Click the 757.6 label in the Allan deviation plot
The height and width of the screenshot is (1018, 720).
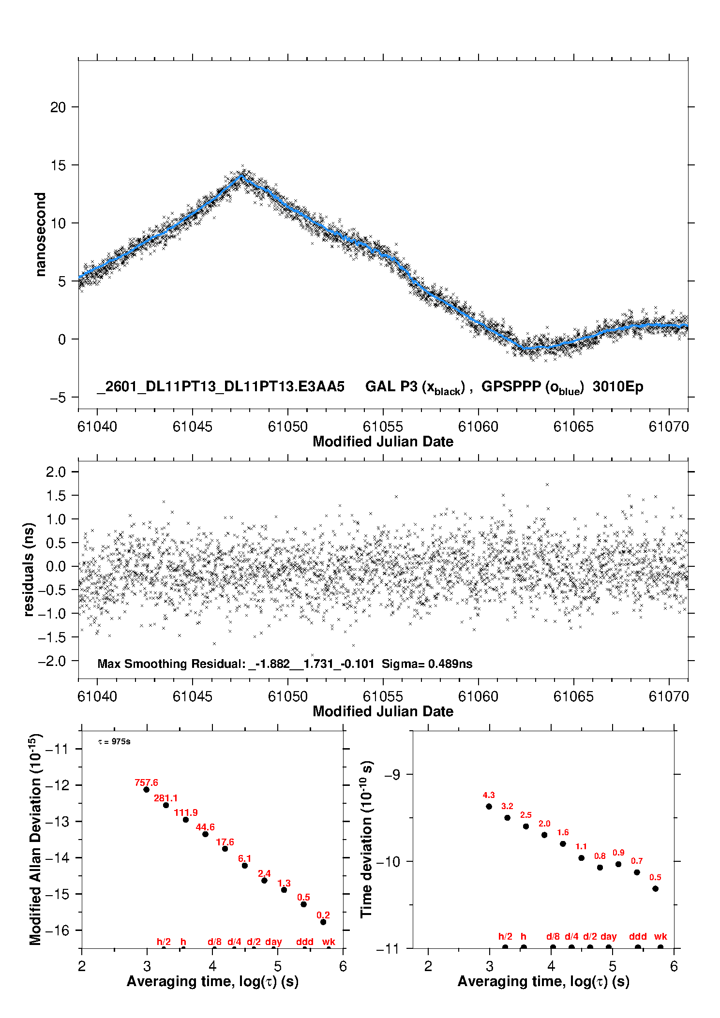click(146, 782)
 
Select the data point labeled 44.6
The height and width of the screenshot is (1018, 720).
click(205, 834)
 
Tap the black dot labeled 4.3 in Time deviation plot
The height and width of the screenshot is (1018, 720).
click(489, 807)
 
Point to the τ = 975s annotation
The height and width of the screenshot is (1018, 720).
click(114, 742)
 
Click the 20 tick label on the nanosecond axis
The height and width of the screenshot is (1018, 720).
click(58, 107)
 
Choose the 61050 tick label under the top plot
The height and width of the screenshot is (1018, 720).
click(287, 427)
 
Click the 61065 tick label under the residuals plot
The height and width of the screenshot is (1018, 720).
click(573, 697)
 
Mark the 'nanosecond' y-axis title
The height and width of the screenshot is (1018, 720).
click(41, 235)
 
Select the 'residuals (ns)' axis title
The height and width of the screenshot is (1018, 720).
click(29, 570)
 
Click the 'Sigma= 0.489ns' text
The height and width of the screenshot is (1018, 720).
click(427, 664)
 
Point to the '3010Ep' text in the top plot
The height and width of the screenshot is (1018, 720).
click(618, 387)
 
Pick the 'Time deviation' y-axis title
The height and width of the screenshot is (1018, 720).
click(366, 840)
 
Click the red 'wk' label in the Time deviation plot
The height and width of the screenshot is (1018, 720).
click(660, 937)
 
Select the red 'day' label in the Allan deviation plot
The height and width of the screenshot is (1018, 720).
click(273, 942)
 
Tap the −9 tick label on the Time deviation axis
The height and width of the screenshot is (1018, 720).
click(392, 775)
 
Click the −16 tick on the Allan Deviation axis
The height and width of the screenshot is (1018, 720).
click(58, 930)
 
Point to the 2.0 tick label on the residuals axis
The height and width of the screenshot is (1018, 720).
click(56, 472)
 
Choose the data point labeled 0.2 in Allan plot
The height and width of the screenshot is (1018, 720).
click(323, 922)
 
